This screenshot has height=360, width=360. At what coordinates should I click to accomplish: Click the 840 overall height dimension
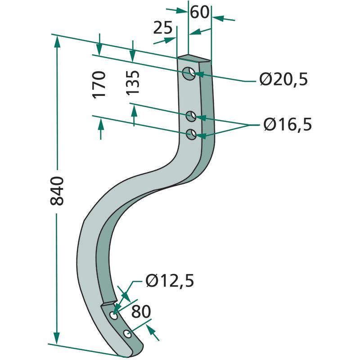pyautogui.click(x=58, y=191)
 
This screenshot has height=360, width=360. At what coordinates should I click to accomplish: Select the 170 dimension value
pyautogui.click(x=99, y=84)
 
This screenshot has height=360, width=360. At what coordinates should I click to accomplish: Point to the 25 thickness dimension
pyautogui.click(x=162, y=28)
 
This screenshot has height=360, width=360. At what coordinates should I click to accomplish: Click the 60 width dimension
pyautogui.click(x=199, y=12)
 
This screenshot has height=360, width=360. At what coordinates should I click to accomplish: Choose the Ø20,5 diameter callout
pyautogui.click(x=283, y=80)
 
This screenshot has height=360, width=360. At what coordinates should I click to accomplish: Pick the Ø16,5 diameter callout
pyautogui.click(x=288, y=124)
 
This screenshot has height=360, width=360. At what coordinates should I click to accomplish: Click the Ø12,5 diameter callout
pyautogui.click(x=170, y=281)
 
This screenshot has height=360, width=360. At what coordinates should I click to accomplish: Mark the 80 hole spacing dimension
pyautogui.click(x=141, y=312)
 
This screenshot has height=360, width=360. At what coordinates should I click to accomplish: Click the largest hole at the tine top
pyautogui.click(x=189, y=73)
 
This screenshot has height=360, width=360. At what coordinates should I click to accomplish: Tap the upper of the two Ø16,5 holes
pyautogui.click(x=192, y=117)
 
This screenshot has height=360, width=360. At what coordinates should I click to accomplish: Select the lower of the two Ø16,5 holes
pyautogui.click(x=192, y=134)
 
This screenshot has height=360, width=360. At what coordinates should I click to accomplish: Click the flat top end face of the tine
pyautogui.click(x=194, y=58)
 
